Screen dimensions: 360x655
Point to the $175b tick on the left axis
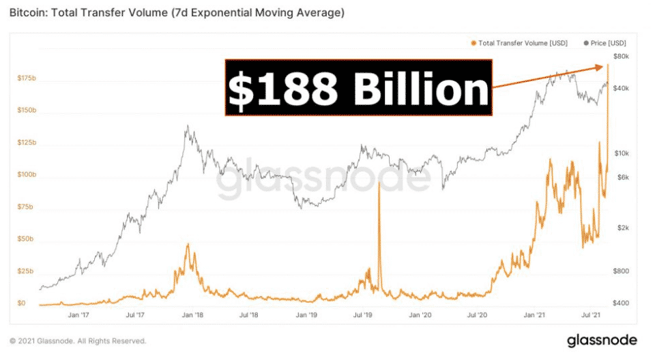[x=27, y=79]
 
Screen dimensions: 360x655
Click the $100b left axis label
[x=27, y=175]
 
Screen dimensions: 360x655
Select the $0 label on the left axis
[x=21, y=303]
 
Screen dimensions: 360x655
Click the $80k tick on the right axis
[x=621, y=57]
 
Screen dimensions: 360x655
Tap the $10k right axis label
[x=621, y=153]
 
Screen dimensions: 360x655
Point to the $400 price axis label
[x=622, y=303]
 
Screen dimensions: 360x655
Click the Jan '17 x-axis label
[x=80, y=316]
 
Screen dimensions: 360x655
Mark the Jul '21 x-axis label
[x=591, y=316]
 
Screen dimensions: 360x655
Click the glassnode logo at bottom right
[x=602, y=340]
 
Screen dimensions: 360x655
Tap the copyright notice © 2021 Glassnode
[x=78, y=341]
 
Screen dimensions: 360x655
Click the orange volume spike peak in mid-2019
[x=378, y=184]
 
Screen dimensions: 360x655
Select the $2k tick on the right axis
[x=622, y=228]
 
